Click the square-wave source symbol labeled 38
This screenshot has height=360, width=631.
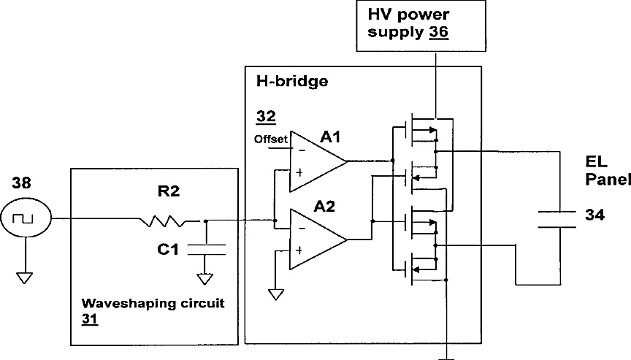26,218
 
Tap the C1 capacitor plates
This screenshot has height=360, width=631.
207,250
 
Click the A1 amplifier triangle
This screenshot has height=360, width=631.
318,161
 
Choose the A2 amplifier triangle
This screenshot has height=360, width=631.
318,240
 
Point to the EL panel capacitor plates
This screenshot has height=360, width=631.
557,220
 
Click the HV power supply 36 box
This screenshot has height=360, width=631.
421,26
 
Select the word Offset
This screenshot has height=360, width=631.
271,139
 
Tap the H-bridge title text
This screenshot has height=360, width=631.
292,81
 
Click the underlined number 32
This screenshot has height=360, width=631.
266,117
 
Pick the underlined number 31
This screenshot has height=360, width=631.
90,318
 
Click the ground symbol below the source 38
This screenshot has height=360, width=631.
25,278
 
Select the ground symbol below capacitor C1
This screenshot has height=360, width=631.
204,279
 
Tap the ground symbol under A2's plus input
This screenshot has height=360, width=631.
275,294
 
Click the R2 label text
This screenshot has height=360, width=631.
169,191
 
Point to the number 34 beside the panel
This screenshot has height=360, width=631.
594,215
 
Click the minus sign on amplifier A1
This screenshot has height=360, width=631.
302,151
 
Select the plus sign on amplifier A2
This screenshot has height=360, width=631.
299,250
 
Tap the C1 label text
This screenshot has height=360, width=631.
168,250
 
